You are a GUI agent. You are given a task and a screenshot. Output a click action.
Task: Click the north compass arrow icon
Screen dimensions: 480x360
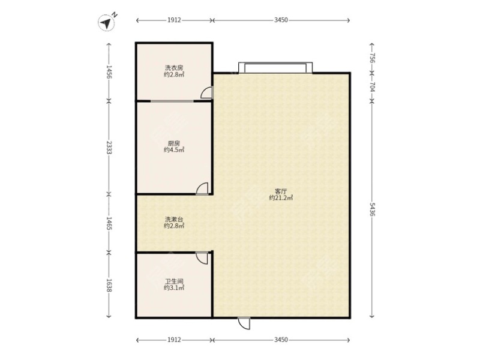(107, 23)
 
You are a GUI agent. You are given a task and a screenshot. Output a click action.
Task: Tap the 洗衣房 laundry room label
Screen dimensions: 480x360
(174, 68)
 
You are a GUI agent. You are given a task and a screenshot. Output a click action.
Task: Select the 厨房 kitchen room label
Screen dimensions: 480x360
(174, 143)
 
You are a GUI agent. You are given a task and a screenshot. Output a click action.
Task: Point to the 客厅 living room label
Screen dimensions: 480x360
(281, 191)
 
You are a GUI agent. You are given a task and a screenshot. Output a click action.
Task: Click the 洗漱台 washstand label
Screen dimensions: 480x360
(174, 219)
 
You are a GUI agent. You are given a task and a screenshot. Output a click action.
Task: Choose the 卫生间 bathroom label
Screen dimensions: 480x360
(174, 281)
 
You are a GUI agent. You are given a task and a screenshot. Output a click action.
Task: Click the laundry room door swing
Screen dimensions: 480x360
(206, 93)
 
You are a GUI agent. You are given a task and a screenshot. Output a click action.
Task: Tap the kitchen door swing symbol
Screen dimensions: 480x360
(202, 188)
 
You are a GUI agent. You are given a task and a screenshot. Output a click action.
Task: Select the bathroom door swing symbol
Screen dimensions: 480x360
(202, 258)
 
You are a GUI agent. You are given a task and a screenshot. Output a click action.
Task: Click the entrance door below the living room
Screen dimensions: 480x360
(244, 323)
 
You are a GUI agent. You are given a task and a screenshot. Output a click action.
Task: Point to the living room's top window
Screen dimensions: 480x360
(275, 68)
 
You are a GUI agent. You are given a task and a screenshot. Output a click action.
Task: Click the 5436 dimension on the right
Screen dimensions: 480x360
(372, 209)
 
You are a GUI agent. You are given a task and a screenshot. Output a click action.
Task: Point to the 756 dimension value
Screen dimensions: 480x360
(372, 58)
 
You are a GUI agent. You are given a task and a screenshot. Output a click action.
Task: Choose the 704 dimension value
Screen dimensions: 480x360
(372, 86)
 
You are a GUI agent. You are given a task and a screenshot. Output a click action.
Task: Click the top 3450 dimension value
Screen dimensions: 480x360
(281, 20)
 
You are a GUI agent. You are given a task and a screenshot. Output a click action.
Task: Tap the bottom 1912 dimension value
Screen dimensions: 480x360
(174, 340)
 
